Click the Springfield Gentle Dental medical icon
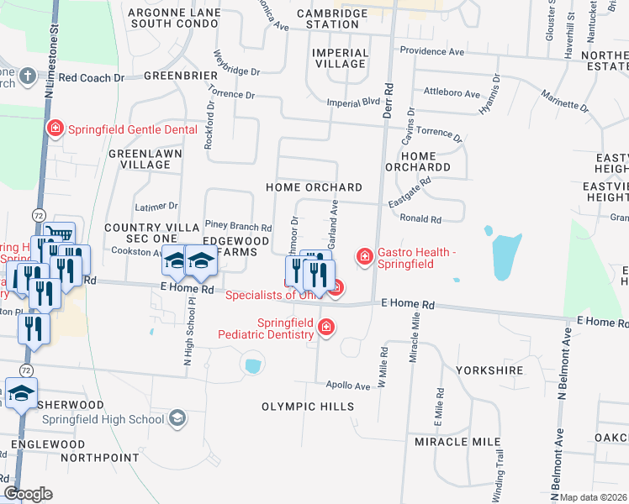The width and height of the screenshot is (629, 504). (55, 129)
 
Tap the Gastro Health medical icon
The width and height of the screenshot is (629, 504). (364, 255)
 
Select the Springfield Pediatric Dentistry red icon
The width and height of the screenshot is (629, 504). (325, 327)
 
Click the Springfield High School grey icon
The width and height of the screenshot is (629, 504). (177, 417)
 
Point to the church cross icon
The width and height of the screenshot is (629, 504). (28, 76)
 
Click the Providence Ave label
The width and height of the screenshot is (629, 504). (432, 52)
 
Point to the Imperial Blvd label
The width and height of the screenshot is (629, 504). (359, 102)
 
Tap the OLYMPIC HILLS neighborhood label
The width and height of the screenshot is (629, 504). (307, 407)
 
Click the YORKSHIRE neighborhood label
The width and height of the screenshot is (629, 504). (489, 370)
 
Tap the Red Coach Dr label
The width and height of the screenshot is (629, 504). (92, 77)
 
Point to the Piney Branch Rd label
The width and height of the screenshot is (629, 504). (239, 227)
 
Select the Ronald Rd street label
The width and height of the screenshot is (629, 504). (420, 219)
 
